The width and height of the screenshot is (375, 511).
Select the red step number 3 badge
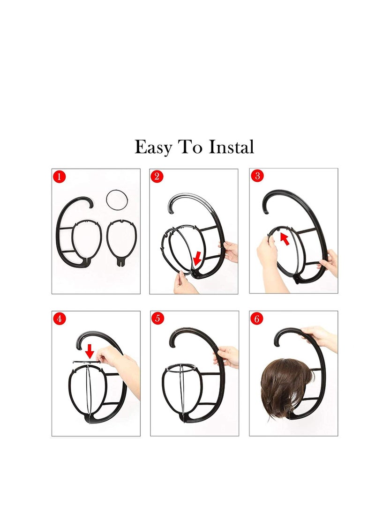[257, 176]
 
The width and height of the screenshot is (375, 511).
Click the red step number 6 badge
[257, 319]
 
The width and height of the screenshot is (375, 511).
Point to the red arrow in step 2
[197, 256]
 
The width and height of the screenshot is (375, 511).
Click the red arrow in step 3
[285, 239]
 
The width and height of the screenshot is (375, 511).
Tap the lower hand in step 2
[184, 283]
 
